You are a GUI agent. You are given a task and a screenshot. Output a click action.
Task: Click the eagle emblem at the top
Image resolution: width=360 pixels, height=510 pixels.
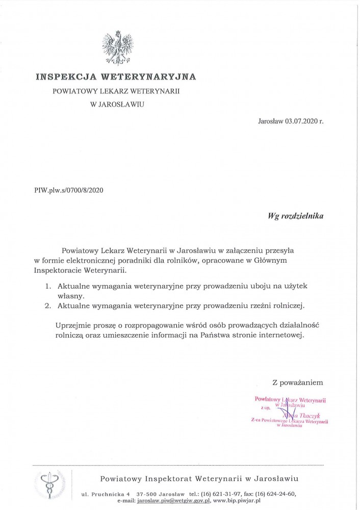pos(115,48)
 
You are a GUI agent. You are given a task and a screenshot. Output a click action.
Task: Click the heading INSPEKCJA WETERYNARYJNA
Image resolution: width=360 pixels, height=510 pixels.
pos(115,78)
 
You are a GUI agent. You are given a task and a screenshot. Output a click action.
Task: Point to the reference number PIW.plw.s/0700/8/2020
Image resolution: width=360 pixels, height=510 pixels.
pos(69,190)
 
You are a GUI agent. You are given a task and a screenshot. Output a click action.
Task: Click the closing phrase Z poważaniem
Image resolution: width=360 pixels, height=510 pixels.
pos(298,381)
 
